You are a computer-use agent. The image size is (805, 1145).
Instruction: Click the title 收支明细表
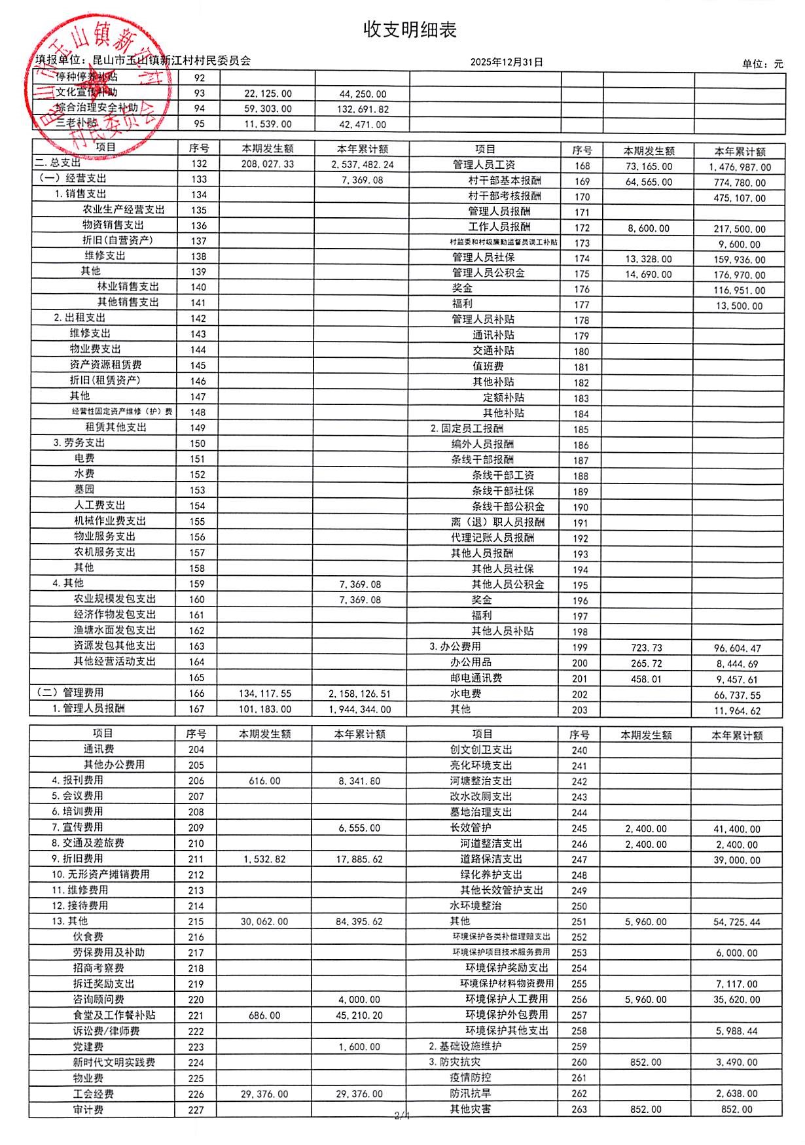click(410, 29)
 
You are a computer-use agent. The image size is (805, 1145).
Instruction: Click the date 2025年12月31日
click(507, 62)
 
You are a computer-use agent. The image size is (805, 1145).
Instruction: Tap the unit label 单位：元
click(762, 63)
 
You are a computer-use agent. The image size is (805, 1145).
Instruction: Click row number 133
click(199, 179)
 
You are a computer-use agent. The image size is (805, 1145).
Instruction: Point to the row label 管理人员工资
click(484, 165)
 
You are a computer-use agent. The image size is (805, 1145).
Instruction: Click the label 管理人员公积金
click(488, 273)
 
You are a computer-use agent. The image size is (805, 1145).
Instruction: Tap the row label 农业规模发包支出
click(115, 599)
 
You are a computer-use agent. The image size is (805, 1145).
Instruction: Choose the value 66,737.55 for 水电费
click(737, 696)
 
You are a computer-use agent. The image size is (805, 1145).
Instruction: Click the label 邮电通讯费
click(476, 678)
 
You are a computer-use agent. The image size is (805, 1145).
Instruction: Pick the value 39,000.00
click(737, 860)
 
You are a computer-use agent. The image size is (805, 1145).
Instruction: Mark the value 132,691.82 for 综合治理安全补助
click(363, 109)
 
